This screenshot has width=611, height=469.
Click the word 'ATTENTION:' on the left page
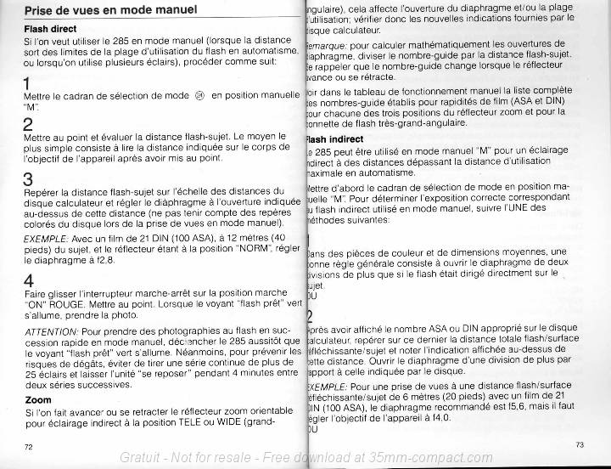[51, 330]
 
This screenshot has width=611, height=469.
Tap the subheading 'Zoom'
[38, 398]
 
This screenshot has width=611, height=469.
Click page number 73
[580, 444]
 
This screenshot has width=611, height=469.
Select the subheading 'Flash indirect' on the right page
[335, 138]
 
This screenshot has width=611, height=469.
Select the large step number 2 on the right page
[310, 316]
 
